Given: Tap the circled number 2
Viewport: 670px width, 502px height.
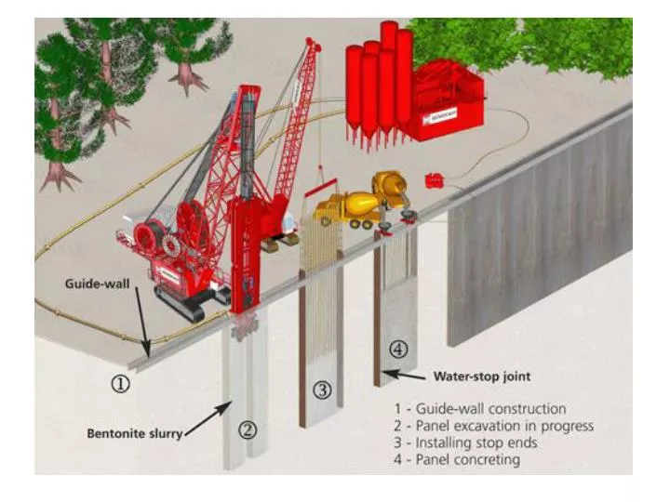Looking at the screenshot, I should (x=247, y=429).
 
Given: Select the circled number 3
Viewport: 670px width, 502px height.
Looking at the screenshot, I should (x=322, y=390).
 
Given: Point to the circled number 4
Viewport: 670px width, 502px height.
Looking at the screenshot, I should (x=397, y=350).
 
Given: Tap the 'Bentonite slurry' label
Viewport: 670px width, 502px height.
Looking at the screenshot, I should (x=135, y=432).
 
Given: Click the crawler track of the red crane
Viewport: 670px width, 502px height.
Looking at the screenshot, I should (x=181, y=301).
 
